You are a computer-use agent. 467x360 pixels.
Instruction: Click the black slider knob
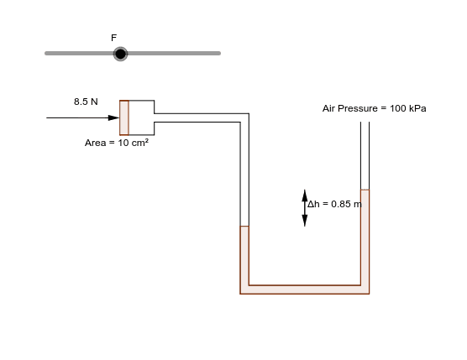click(x=120, y=54)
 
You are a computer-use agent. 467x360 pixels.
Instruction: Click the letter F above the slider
click(x=113, y=38)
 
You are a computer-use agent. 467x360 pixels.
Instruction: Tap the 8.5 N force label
click(x=86, y=102)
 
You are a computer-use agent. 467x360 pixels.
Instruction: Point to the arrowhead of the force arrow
click(x=114, y=117)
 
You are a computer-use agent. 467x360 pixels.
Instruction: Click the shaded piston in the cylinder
click(x=124, y=117)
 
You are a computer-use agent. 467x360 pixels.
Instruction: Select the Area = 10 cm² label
click(x=117, y=143)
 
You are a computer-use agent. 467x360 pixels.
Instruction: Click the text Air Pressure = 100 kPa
click(x=374, y=108)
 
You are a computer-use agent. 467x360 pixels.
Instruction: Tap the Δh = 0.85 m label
click(x=334, y=204)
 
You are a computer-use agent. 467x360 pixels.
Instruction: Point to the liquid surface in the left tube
click(x=244, y=227)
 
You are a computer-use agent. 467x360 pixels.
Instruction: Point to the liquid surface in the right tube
click(x=365, y=190)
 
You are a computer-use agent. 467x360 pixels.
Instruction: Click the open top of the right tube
click(x=365, y=124)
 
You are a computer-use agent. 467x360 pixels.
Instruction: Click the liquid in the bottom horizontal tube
click(x=305, y=290)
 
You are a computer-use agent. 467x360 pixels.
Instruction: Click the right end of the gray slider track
click(x=218, y=54)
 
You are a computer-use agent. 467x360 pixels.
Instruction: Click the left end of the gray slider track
click(x=47, y=54)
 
